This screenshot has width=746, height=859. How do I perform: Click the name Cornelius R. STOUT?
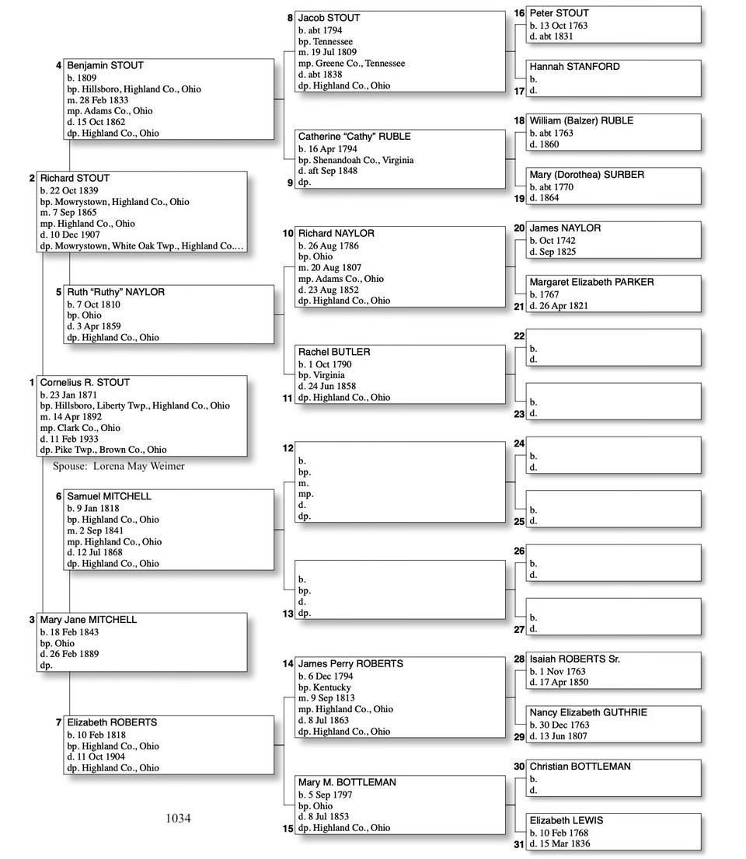click(x=85, y=383)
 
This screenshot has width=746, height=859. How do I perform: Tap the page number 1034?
click(x=178, y=818)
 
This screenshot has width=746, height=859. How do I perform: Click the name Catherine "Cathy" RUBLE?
click(x=354, y=137)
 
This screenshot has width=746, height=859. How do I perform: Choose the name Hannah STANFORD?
click(x=574, y=67)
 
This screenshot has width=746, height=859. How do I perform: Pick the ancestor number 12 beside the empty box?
click(x=288, y=448)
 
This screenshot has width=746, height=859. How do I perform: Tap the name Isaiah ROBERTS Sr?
click(x=574, y=659)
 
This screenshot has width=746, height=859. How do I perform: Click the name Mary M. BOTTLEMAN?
click(x=347, y=783)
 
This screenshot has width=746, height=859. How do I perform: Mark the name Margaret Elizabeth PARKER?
click(x=591, y=282)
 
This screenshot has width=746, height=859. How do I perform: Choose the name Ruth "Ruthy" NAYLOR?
click(x=116, y=293)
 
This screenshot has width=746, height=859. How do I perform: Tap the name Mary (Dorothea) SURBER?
click(x=587, y=175)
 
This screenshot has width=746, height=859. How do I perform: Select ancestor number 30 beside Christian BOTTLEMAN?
click(x=519, y=767)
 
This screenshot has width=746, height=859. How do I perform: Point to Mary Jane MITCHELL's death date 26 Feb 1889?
click(x=79, y=654)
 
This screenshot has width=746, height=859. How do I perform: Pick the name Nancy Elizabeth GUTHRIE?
click(x=588, y=713)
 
